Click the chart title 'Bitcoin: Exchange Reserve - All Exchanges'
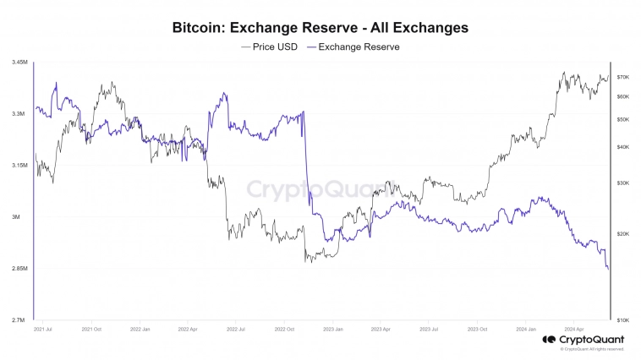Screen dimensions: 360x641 [320, 28]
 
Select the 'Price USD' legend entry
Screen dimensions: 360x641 [269, 46]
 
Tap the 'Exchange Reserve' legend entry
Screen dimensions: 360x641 [353, 46]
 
